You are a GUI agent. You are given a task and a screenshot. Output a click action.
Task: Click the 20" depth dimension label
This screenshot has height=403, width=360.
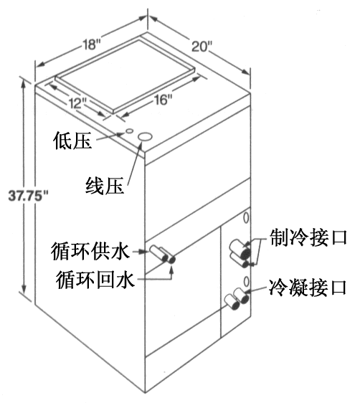pyautogui.click(x=202, y=47)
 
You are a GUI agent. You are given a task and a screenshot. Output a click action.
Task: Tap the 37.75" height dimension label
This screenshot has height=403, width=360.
pyautogui.click(x=28, y=196)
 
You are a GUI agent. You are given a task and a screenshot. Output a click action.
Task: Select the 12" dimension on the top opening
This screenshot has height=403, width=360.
pyautogui.click(x=77, y=103)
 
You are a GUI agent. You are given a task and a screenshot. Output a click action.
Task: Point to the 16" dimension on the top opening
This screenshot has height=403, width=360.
pyautogui.click(x=163, y=100)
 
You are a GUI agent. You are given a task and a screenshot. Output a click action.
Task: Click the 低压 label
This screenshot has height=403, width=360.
pyautogui.click(x=72, y=141)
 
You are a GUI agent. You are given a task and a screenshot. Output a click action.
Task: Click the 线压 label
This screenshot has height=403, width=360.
pyautogui.click(x=105, y=186)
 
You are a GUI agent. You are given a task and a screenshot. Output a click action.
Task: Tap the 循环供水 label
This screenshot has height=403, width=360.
pyautogui.click(x=90, y=252)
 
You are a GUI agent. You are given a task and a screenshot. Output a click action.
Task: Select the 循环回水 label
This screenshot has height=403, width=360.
pyautogui.click(x=95, y=280)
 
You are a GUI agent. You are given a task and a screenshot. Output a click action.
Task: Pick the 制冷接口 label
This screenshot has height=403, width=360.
pyautogui.click(x=308, y=237)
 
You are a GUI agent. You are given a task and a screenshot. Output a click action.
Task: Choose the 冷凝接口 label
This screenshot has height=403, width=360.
pyautogui.click(x=308, y=288)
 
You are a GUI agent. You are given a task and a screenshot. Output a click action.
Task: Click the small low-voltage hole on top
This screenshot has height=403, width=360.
pyautogui.click(x=129, y=131)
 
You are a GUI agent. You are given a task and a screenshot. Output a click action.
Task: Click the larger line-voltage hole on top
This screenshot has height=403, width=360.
pyautogui.click(x=145, y=137)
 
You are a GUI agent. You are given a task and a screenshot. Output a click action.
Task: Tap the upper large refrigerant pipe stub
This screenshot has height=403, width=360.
pyautogui.click(x=240, y=248)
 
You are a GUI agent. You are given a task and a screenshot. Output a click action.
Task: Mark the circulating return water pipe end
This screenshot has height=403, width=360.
pyautogui.click(x=171, y=260)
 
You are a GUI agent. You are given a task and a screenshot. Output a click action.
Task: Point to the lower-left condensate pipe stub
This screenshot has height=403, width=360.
pyautogui.click(x=232, y=303)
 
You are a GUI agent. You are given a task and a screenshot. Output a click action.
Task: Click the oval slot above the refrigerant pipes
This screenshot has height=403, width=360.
pyautogui.click(x=246, y=218)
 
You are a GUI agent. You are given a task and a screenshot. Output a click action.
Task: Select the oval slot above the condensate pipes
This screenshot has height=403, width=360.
pyautogui.click(x=246, y=281)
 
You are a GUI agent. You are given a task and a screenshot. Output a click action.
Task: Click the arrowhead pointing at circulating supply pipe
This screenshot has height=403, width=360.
pyautogui.click(x=144, y=252)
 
